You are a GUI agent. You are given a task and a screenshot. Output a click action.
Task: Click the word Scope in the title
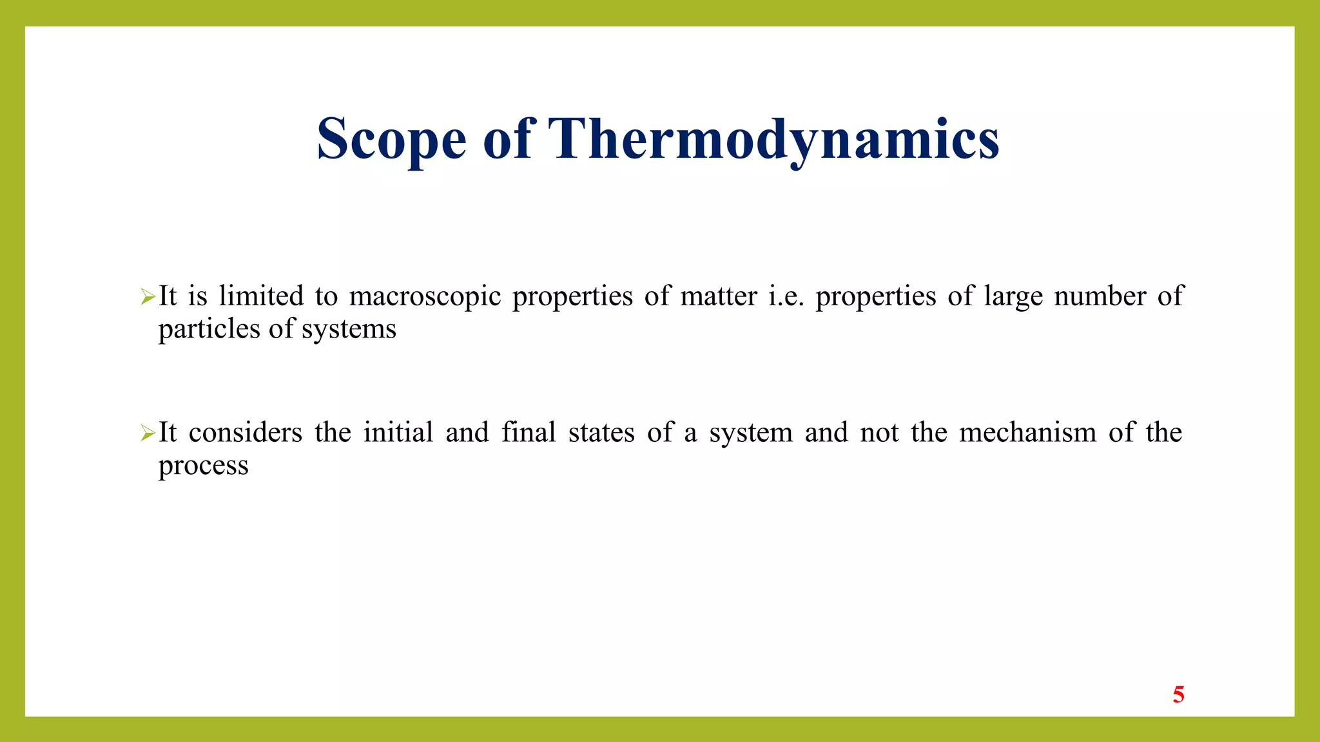tap(391, 139)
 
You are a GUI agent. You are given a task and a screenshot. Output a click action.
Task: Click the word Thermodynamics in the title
tap(773, 139)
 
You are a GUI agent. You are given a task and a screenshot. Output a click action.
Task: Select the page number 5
tap(1178, 694)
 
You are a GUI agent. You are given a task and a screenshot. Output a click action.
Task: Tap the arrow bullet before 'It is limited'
tap(148, 297)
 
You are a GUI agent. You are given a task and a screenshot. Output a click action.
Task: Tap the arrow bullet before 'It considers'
tap(148, 433)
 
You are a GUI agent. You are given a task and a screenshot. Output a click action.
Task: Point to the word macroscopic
tap(425, 297)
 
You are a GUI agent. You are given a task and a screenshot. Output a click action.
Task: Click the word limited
tap(261, 296)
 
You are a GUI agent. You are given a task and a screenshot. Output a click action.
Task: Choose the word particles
tap(209, 330)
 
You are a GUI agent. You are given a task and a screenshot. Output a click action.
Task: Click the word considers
tap(246, 433)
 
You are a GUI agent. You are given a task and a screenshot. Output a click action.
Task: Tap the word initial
tap(398, 432)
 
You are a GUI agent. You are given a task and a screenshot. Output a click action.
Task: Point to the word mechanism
tap(1027, 432)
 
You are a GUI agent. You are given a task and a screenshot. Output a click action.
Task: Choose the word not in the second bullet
tap(879, 433)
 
